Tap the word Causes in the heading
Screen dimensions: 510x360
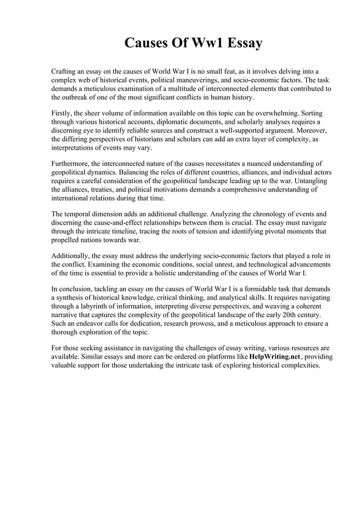145,43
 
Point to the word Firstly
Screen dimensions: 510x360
62,112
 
